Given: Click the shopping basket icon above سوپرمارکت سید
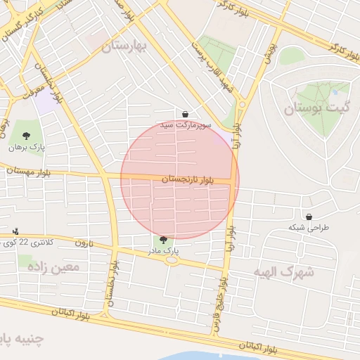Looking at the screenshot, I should pos(185,114).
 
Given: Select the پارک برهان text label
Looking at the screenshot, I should pos(27,148).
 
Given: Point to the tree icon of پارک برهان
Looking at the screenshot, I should pos(27,136).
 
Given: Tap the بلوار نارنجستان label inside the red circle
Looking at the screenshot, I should pos(187,180).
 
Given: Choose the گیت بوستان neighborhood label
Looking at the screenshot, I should pos(317,109).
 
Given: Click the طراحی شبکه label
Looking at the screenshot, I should pos(309,228).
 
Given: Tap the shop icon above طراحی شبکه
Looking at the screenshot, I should pos(309,217).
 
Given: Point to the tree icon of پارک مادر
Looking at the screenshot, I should pos(164,240).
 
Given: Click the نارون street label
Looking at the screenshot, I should pos(84,243).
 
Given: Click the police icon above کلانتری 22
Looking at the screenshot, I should pos(15,231).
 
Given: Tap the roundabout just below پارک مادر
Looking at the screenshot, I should pos(172,260).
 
